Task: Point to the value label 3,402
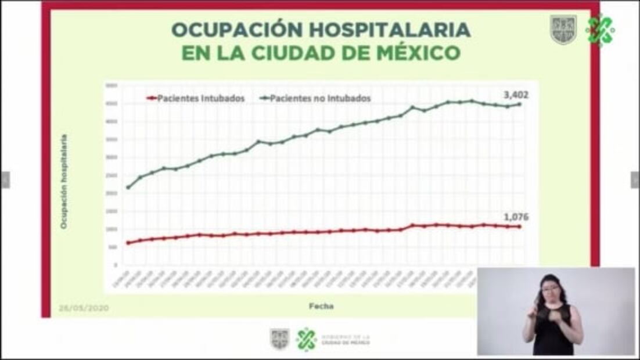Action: pos(516,95)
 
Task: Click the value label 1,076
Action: pos(516,217)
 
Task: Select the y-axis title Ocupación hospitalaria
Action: pos(64,181)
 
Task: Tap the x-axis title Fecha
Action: pos(321,305)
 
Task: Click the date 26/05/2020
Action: pos(84,308)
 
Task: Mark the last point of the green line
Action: pos(519,105)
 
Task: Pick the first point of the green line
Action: pos(128,187)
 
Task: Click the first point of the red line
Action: pos(128,243)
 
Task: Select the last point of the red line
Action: pos(519,226)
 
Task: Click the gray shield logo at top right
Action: pos(563,30)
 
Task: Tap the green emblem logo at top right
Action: pos(600,30)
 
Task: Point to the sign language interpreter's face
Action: pos(549,288)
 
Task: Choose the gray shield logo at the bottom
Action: pos(279,339)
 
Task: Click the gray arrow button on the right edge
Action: pos(635,180)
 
